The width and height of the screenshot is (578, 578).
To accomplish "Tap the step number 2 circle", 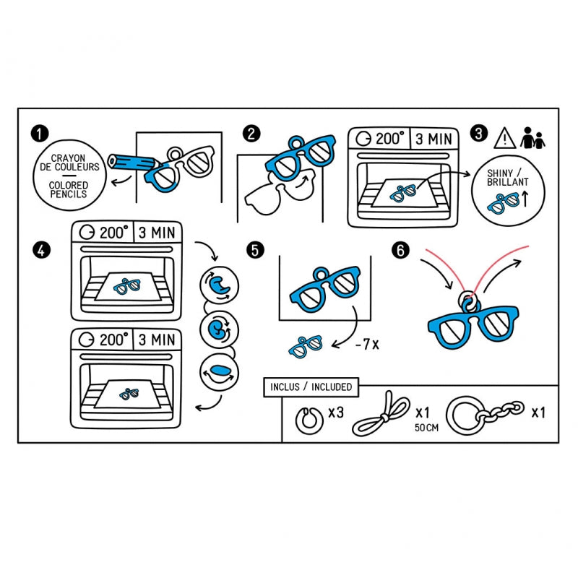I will [251, 134].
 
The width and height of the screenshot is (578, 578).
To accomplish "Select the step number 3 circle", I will [478, 134].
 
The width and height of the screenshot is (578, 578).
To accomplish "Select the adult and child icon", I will [533, 137].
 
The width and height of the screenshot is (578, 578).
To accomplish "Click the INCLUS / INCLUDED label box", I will [311, 387].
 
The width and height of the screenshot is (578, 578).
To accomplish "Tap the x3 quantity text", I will [335, 413].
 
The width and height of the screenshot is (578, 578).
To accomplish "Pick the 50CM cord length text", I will [426, 428].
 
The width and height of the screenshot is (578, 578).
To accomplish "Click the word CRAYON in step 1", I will [69, 158].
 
